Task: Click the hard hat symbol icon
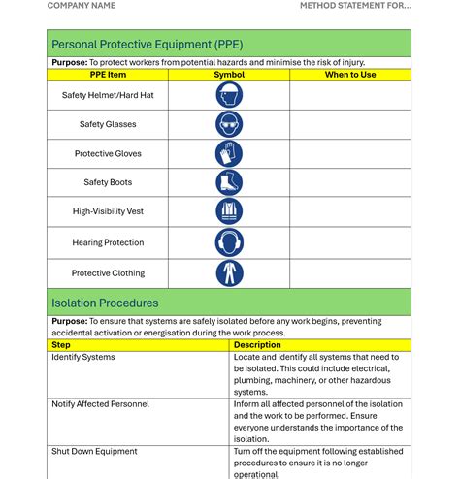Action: pos(229,95)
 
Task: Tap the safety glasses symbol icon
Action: pos(229,124)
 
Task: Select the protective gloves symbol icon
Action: pos(229,153)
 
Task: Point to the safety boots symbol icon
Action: pos(229,182)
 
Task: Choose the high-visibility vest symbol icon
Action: pos(229,211)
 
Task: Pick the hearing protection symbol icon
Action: pos(229,242)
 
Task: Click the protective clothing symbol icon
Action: pos(229,273)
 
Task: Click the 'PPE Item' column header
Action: pos(108,75)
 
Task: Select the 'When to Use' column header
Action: pos(350,75)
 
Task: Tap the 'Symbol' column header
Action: pos(229,75)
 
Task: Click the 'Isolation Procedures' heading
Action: pos(105,303)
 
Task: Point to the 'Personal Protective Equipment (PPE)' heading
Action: pos(148,44)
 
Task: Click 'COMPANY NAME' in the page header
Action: pos(82,6)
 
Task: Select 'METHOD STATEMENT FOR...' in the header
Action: pos(355,6)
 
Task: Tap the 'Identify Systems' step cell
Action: pos(83,357)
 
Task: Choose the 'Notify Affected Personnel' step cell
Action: pos(100,404)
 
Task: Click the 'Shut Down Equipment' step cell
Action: pos(94,451)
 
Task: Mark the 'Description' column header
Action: pos(257,345)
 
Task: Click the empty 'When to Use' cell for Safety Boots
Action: pos(350,182)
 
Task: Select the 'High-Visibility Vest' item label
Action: pos(108,211)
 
